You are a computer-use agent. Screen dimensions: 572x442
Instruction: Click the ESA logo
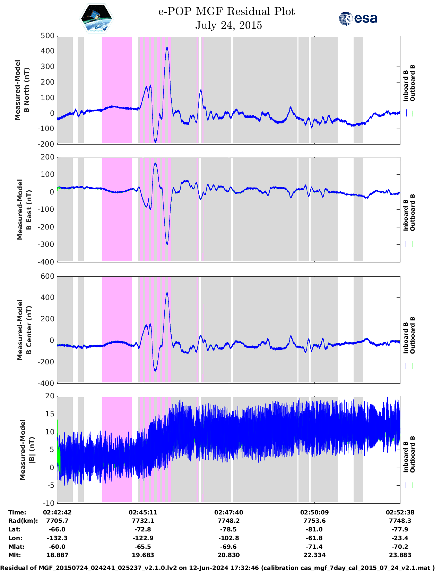coord(358,18)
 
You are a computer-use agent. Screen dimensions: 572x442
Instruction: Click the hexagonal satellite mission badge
coord(96,18)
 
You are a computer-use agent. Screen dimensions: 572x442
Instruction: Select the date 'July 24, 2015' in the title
coord(228,25)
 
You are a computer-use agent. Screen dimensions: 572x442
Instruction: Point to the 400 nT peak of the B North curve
coord(167,47)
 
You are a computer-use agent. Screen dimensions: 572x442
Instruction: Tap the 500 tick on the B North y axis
coord(47,36)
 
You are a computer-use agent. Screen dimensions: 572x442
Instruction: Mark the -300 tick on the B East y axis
coord(47,244)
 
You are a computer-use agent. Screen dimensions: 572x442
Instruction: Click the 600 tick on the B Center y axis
coord(47,276)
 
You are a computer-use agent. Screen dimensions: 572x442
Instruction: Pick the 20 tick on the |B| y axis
coord(50,396)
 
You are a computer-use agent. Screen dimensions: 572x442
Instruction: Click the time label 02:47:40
coord(228,512)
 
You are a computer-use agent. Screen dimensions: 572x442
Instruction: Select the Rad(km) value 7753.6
coord(314,521)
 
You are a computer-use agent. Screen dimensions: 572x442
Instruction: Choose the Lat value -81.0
coord(314,529)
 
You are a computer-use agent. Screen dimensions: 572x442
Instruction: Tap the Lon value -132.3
coord(57,538)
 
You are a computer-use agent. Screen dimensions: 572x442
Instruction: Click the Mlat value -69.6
coord(228,547)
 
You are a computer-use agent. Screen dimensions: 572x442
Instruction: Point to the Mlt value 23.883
coord(400,555)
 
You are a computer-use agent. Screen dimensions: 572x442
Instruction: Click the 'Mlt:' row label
coord(15,555)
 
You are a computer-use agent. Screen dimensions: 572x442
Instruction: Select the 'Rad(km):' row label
coord(23,521)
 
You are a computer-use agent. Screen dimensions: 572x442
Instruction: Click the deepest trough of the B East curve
coord(167,244)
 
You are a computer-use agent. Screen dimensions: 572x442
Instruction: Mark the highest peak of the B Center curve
coord(167,293)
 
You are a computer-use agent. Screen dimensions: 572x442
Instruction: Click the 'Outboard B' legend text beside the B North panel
coord(413,83)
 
